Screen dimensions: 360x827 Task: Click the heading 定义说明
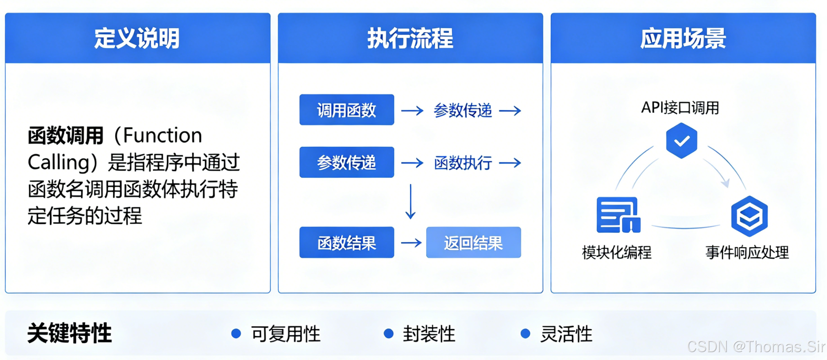(x=137, y=39)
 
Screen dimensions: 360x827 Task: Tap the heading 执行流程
(x=410, y=39)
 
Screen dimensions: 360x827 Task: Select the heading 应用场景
(x=683, y=39)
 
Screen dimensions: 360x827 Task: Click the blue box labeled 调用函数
(x=346, y=110)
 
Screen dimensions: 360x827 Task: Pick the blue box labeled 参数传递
(x=346, y=163)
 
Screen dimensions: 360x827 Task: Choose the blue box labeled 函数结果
(x=346, y=243)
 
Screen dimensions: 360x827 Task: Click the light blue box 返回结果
(x=473, y=243)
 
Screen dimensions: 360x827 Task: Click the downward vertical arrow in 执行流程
(x=410, y=202)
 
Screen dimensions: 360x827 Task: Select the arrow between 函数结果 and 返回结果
(x=411, y=242)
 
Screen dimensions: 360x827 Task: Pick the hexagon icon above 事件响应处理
(x=749, y=216)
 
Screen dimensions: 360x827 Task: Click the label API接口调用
(x=680, y=108)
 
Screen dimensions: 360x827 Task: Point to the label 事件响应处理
(x=747, y=253)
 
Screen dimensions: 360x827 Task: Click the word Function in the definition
(x=163, y=136)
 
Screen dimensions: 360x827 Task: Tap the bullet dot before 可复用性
(x=236, y=334)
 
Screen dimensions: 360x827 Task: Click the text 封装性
(x=429, y=334)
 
